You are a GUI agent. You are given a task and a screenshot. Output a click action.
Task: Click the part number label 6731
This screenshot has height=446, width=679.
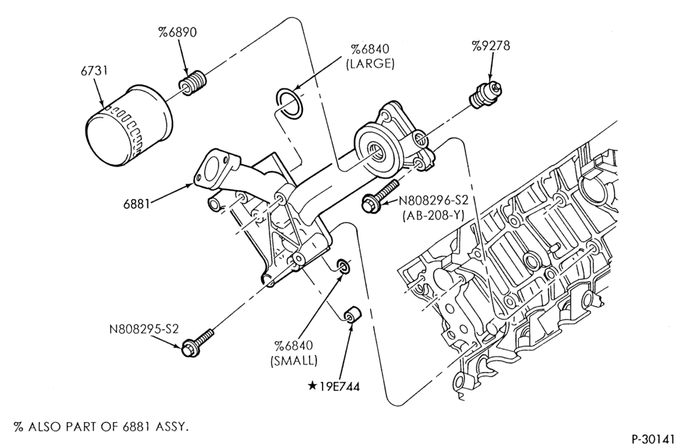point(94,71)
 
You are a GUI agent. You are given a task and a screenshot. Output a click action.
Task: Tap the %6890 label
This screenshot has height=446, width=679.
point(177,32)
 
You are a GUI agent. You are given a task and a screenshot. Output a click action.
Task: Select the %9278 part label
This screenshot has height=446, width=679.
point(491,46)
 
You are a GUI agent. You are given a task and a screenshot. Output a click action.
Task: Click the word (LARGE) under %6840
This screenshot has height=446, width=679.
point(370,64)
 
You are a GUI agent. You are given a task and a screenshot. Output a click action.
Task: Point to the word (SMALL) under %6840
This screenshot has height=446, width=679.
point(294,360)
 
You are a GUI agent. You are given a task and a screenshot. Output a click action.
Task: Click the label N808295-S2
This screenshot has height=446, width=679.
point(144,329)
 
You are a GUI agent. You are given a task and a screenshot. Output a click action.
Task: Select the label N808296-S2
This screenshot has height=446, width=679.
point(434,201)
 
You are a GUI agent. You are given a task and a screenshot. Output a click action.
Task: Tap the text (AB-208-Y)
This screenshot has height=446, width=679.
point(433,215)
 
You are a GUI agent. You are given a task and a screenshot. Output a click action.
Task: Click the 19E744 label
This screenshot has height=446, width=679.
point(339,386)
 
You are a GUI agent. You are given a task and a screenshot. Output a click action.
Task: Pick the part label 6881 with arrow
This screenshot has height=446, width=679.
point(136,203)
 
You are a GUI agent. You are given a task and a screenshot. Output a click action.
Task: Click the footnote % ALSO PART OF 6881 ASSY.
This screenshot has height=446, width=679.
point(101,427)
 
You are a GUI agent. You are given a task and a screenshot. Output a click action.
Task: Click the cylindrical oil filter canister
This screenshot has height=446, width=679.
point(128,127)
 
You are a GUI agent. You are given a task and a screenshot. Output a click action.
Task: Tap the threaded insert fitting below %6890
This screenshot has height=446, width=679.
point(192,83)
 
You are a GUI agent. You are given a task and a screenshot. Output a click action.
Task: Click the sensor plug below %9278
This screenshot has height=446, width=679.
point(485,93)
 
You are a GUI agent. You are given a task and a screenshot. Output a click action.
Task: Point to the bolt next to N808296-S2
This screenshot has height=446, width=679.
point(380,196)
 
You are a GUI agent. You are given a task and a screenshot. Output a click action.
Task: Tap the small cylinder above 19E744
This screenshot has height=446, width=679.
point(352,314)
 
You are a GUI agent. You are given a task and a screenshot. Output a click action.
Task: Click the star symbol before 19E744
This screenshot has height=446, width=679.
point(312,386)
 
